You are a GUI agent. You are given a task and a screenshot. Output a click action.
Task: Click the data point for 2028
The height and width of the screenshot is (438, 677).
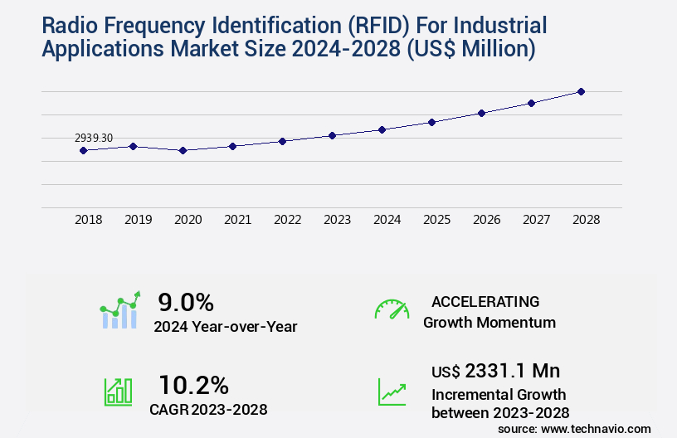(x=581, y=91)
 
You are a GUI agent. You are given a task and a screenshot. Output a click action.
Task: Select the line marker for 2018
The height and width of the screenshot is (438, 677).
(x=83, y=150)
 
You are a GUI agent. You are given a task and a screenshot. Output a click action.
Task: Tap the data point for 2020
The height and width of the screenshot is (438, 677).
(x=183, y=150)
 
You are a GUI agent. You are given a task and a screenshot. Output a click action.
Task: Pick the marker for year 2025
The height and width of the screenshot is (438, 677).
(x=431, y=122)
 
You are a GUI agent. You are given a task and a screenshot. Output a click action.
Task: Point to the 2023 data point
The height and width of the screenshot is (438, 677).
(x=332, y=135)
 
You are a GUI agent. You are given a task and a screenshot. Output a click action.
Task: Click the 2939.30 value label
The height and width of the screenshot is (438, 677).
(x=94, y=138)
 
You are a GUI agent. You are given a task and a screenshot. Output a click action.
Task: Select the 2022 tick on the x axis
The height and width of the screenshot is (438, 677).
(x=287, y=220)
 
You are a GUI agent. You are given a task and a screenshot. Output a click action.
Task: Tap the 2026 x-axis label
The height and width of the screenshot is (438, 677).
(x=486, y=220)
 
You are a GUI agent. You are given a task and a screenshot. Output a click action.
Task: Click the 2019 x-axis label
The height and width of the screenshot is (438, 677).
(x=138, y=220)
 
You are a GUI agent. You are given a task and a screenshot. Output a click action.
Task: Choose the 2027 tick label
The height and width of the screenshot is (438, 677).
(x=536, y=220)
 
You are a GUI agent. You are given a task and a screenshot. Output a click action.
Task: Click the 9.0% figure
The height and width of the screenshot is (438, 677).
(x=186, y=302)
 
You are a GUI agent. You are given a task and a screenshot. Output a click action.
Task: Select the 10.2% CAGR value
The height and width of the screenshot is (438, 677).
(x=193, y=385)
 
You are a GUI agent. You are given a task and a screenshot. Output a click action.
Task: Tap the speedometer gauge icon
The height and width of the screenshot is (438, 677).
(x=392, y=309)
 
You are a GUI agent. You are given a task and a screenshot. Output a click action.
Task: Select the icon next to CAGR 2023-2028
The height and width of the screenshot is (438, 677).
(x=118, y=392)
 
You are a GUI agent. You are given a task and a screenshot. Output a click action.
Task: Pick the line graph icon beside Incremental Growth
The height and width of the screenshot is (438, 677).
(x=392, y=392)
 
